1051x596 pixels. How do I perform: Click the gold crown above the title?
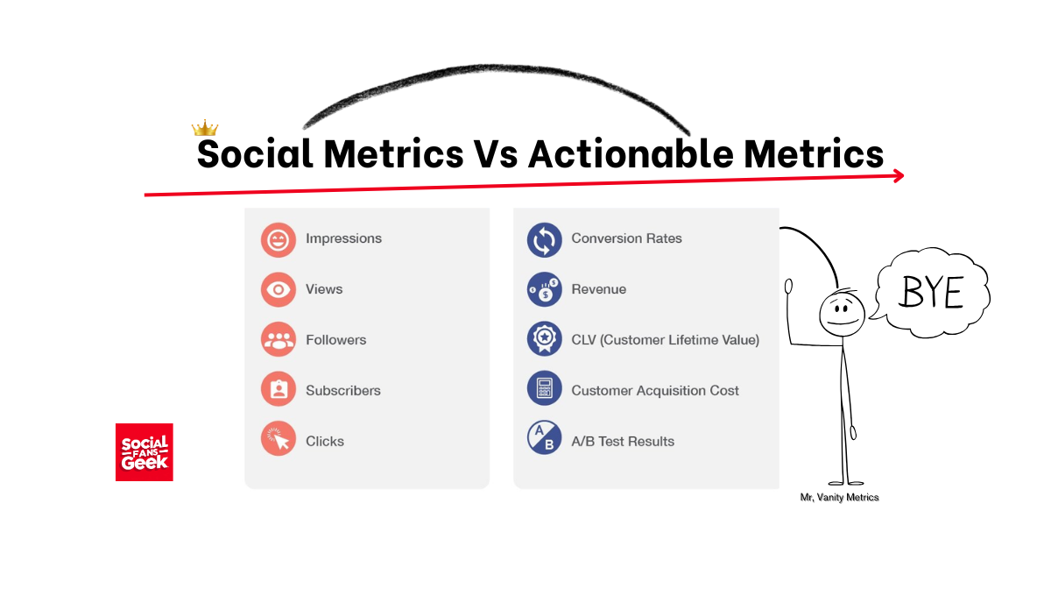pyautogui.click(x=205, y=128)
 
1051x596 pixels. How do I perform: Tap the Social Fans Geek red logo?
pyautogui.click(x=144, y=452)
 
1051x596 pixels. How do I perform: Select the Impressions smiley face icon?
pyautogui.click(x=279, y=240)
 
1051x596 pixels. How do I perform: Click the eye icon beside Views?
pyautogui.click(x=279, y=289)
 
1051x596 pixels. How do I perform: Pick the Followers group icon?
pyautogui.click(x=279, y=339)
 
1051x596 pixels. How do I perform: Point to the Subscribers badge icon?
pyautogui.click(x=279, y=389)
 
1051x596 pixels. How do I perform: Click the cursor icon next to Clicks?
pyautogui.click(x=279, y=438)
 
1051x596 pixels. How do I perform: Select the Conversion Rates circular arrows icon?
pyautogui.click(x=544, y=240)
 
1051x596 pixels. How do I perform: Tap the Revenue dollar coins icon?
pyautogui.click(x=544, y=289)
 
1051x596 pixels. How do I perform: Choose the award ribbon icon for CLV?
pyautogui.click(x=544, y=339)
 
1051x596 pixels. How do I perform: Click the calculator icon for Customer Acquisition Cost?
pyautogui.click(x=544, y=388)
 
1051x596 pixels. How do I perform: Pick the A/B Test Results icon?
pyautogui.click(x=544, y=437)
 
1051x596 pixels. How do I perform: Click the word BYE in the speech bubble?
pyautogui.click(x=931, y=292)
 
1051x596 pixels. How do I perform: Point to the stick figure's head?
pyautogui.click(x=843, y=314)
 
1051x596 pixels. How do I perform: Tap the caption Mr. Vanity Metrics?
pyautogui.click(x=839, y=497)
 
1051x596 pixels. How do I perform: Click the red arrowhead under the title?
pyautogui.click(x=899, y=176)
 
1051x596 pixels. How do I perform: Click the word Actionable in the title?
pyautogui.click(x=631, y=153)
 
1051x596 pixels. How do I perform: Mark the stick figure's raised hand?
pyautogui.click(x=789, y=286)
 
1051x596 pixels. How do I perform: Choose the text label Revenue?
pyautogui.click(x=599, y=289)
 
